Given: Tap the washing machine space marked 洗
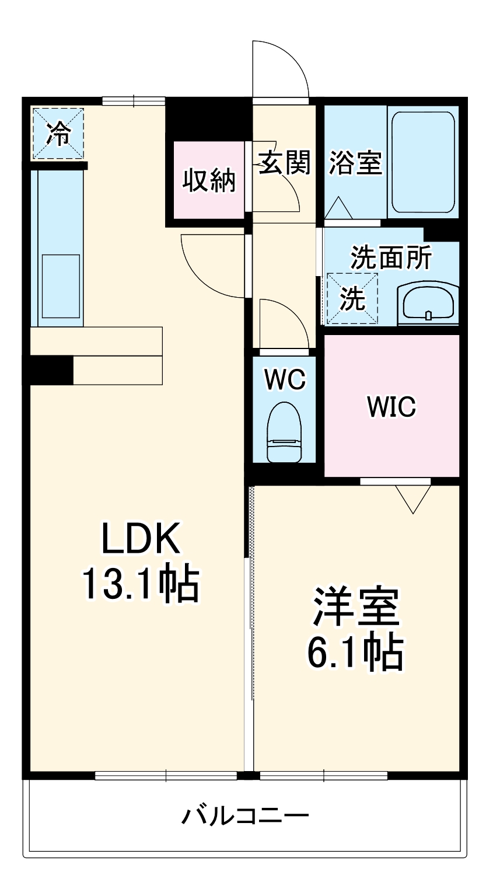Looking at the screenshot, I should point(352,298).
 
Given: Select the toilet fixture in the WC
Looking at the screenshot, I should point(284,433).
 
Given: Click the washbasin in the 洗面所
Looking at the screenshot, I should point(428,304).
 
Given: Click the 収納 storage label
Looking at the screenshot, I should point(209,180).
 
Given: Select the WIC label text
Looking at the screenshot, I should point(391,406).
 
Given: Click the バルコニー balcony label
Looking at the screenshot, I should point(244,815).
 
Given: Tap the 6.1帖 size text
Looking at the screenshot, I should point(355,653).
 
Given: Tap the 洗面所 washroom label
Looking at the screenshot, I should point(391,257).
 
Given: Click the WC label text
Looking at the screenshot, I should point(284,379).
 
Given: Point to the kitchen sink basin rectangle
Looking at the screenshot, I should point(61,286).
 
